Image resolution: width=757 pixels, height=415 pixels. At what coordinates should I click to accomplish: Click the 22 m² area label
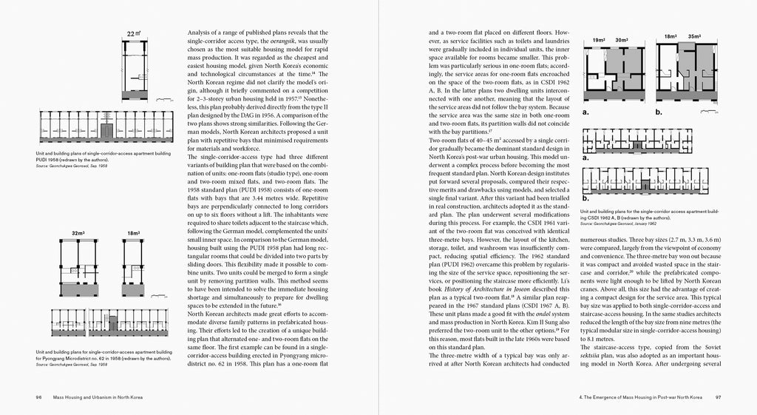pyautogui.click(x=132, y=34)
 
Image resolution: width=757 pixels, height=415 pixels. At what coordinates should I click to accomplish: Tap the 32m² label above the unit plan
pyautogui.click(x=78, y=233)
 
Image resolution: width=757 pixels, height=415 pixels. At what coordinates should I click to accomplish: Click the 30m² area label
pyautogui.click(x=622, y=40)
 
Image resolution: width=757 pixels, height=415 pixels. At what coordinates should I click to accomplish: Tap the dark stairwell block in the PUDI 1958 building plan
pyautogui.click(x=108, y=132)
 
